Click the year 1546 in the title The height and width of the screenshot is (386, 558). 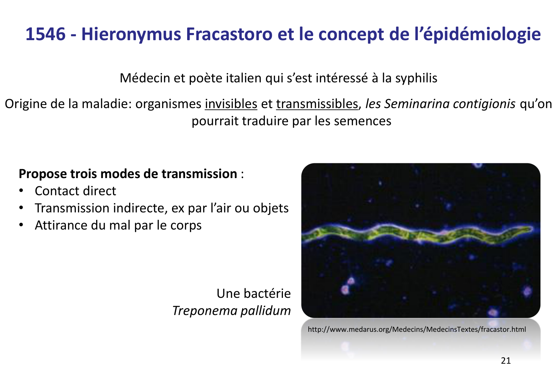click(45, 34)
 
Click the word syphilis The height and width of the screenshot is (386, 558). click(416, 78)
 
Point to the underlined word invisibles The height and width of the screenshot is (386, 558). click(231, 104)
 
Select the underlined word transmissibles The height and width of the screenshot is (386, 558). click(317, 104)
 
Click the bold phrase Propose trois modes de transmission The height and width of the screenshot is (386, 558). click(128, 174)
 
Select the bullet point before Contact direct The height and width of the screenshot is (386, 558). click(22, 191)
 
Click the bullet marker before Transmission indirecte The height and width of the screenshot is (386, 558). click(22, 208)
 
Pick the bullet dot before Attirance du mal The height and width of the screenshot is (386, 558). click(22, 225)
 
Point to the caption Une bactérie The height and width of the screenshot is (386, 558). click(253, 293)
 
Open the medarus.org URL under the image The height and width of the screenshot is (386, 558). click(417, 329)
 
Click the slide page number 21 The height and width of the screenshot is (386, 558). click(506, 361)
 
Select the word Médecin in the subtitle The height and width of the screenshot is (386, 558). click(145, 78)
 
